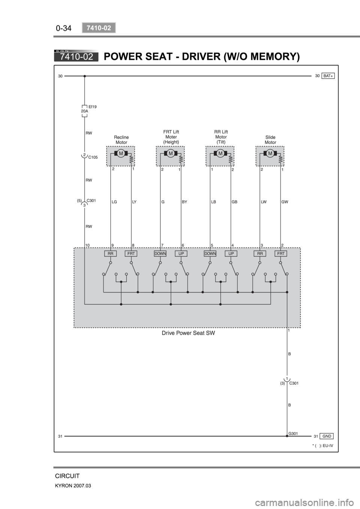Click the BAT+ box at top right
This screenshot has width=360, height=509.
click(328, 76)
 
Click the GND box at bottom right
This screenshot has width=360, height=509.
click(327, 436)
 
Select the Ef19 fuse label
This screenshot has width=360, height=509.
click(93, 106)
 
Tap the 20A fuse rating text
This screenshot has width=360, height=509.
click(84, 111)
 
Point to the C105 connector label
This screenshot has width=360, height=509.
click(93, 157)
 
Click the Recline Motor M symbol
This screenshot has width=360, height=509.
click(121, 153)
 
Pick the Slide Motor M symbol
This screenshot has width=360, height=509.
click(270, 153)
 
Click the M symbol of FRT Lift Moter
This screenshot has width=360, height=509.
click(171, 153)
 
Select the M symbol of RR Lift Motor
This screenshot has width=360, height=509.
click(220, 153)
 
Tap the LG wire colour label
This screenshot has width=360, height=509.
click(114, 202)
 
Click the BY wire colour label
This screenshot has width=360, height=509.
click(184, 202)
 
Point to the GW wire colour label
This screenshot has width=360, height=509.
click(285, 202)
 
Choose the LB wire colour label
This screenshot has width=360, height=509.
click(214, 202)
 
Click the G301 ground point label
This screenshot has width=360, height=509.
click(293, 433)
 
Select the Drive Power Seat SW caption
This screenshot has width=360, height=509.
click(188, 333)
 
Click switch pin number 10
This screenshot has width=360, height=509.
click(87, 245)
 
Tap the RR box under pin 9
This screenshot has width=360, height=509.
click(111, 254)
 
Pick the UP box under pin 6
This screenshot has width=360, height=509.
click(181, 254)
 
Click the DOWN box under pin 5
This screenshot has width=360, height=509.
click(210, 254)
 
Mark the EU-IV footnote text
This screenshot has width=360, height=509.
click(323, 446)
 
